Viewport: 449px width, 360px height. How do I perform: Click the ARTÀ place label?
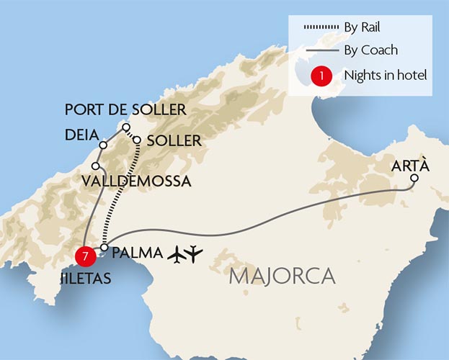click(410, 166)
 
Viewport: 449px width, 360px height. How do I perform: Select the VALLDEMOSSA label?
click(136, 181)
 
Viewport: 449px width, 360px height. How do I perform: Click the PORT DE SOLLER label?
click(125, 110)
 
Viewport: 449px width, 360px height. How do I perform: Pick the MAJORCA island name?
click(283, 276)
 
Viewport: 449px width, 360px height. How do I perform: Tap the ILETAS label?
click(84, 277)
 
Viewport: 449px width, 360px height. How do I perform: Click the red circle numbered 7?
click(86, 256)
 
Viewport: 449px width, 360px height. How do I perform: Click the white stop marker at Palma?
click(105, 248)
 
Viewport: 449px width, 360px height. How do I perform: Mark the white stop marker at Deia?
click(103, 145)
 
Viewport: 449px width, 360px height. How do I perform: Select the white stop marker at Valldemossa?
click(95, 166)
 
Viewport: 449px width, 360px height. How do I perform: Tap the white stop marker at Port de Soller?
click(126, 127)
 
